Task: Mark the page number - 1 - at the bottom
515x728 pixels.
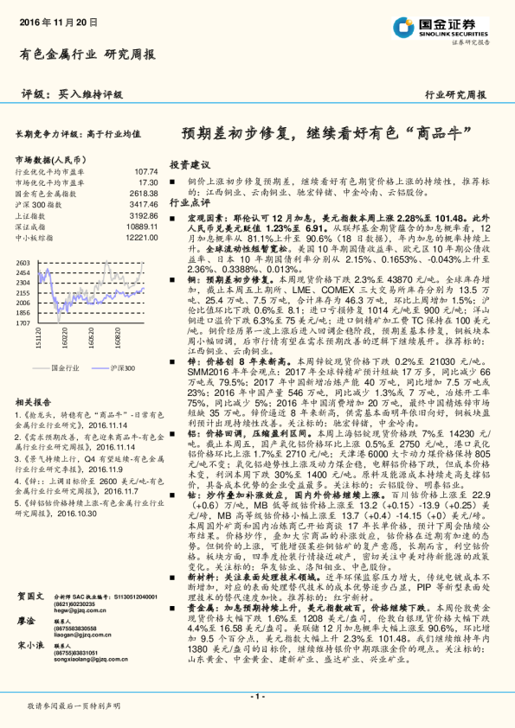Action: pyautogui.click(x=257, y=695)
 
